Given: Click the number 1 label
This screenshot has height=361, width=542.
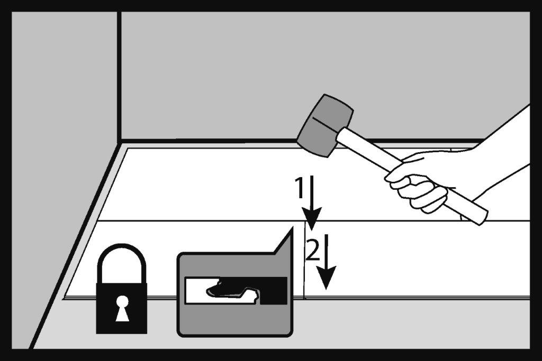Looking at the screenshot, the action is pos(300,188).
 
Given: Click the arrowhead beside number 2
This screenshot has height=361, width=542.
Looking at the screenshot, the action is pos(326,277).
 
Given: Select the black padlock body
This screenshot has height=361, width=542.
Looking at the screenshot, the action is pos(122,308).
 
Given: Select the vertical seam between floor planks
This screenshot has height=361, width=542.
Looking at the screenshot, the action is pos(304,260).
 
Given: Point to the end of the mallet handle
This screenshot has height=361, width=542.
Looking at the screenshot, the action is pos(483,217).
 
